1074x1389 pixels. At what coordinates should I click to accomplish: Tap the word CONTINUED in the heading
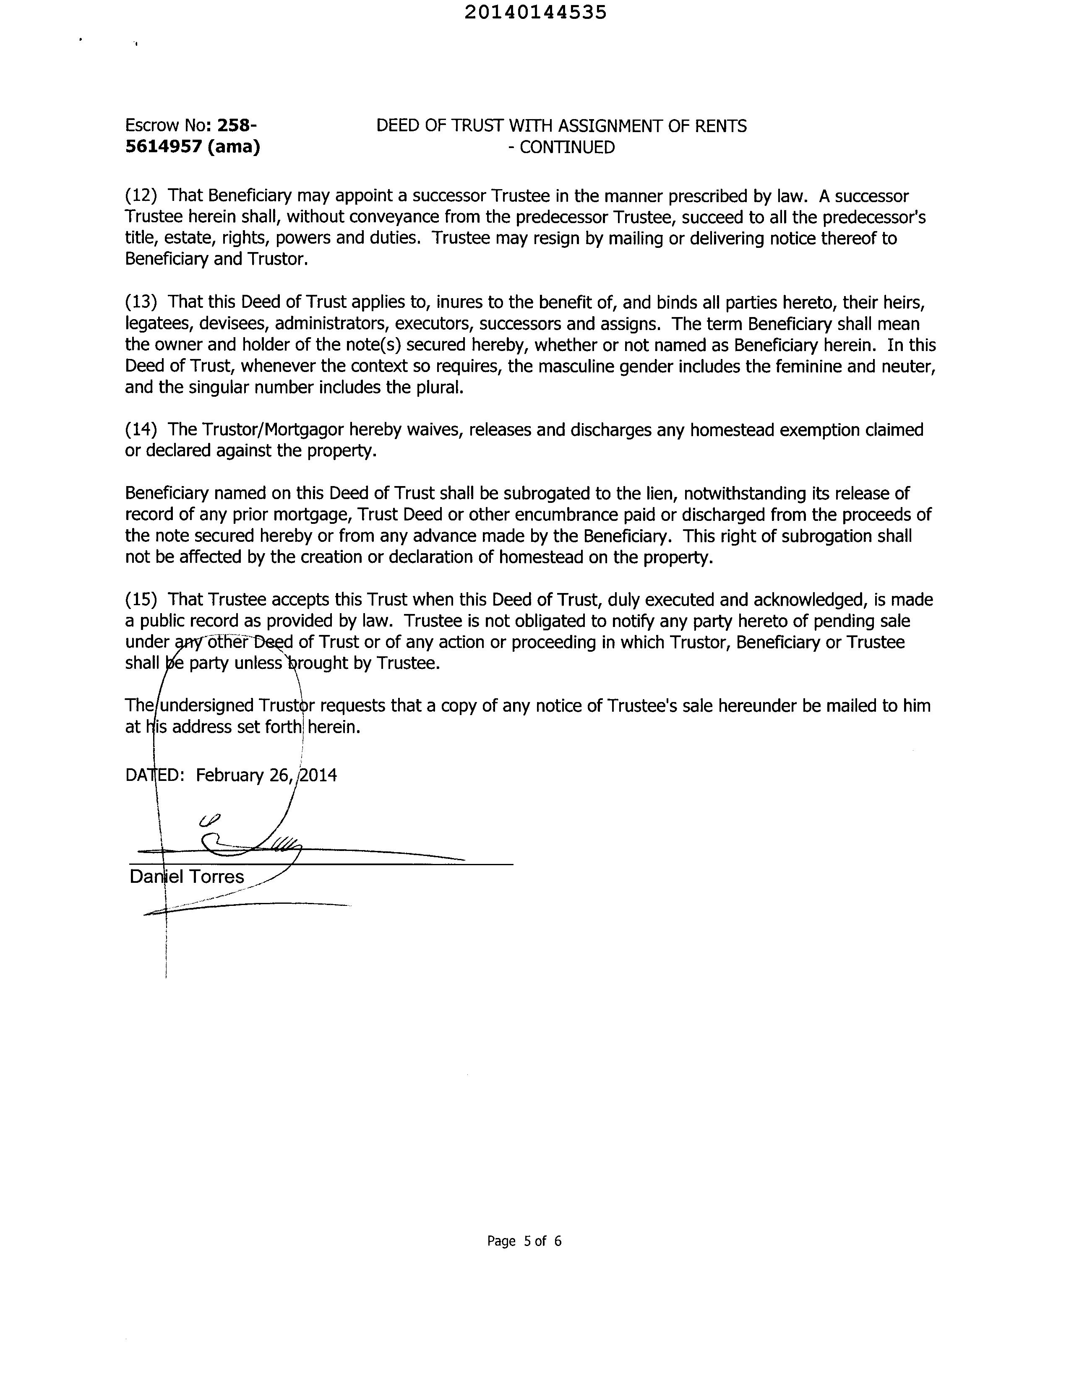(567, 148)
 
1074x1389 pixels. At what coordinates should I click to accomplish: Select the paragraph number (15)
(141, 600)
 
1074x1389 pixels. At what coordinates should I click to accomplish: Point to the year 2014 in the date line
(318, 775)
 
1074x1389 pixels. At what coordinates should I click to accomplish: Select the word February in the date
(230, 776)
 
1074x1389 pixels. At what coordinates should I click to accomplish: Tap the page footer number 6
(558, 1241)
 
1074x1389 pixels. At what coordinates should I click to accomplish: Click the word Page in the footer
(501, 1241)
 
